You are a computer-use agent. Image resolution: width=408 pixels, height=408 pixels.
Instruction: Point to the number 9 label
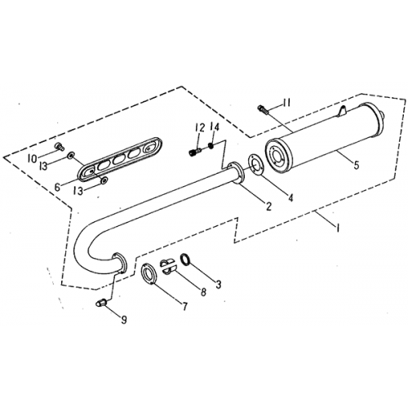pyautogui.click(x=124, y=320)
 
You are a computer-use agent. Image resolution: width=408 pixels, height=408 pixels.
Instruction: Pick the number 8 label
pyautogui.click(x=202, y=291)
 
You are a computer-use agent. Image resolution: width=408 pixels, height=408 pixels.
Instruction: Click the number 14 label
pyautogui.click(x=214, y=126)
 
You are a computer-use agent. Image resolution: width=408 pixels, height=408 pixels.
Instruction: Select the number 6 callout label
pyautogui.click(x=56, y=187)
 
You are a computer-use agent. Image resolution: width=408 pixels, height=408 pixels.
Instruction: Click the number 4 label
pyautogui.click(x=290, y=197)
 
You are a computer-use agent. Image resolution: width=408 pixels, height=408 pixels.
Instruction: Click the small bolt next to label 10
pyautogui.click(x=60, y=146)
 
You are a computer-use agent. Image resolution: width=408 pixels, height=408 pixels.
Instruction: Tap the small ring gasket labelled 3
pyautogui.click(x=187, y=261)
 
